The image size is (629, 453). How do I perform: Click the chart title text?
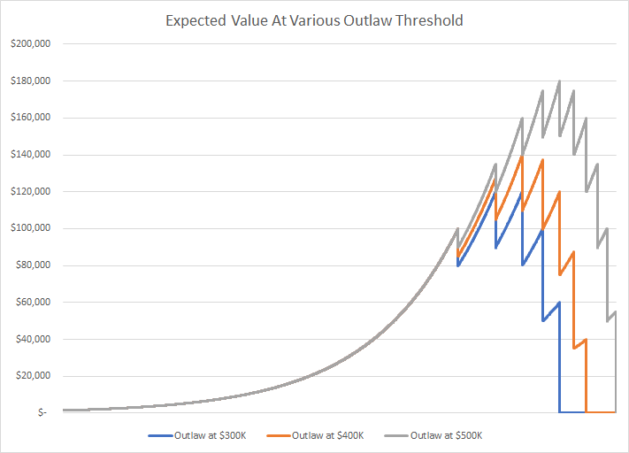(x=314, y=19)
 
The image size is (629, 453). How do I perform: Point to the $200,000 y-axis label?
(x=30, y=43)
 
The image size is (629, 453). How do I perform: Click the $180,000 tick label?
(x=30, y=81)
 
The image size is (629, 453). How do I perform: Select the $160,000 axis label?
(x=30, y=118)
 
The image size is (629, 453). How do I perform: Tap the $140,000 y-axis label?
(x=30, y=155)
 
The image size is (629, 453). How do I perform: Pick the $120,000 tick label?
(x=30, y=191)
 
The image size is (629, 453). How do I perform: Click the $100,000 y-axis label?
(x=30, y=228)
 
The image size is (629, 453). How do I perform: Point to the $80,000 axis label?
(x=33, y=265)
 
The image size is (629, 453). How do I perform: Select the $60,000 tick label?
(x=33, y=303)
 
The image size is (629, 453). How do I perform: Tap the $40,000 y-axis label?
(x=33, y=339)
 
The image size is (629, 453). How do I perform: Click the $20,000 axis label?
(x=33, y=376)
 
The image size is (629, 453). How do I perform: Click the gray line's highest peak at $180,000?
(x=559, y=81)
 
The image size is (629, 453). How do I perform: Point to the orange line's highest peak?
(x=522, y=156)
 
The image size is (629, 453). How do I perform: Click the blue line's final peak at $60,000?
(x=559, y=303)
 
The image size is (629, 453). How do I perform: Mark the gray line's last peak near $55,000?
(x=615, y=311)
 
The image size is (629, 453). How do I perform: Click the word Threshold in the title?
(x=429, y=19)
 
